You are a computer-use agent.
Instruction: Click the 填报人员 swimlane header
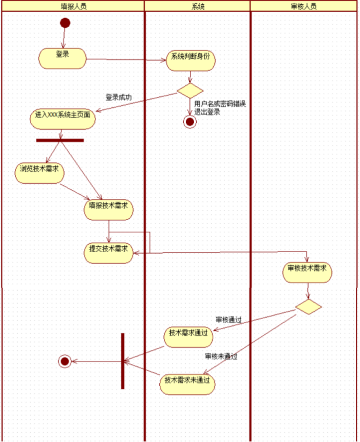point(73,6)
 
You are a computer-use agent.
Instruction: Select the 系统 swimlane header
point(198,6)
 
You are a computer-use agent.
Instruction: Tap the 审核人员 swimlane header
point(304,6)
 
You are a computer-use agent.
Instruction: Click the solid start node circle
point(65,22)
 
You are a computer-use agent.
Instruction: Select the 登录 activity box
point(62,58)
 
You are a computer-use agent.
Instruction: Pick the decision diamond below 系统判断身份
point(190,90)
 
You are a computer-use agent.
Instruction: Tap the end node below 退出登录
point(190,122)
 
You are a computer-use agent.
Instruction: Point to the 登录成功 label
point(119,97)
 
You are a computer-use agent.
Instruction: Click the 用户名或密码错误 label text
point(217,104)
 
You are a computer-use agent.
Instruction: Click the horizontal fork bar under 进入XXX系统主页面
point(60,140)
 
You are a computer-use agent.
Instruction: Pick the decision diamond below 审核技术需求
point(308,306)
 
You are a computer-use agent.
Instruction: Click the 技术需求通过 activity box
point(188,336)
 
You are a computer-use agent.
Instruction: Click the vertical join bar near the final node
point(123,361)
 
